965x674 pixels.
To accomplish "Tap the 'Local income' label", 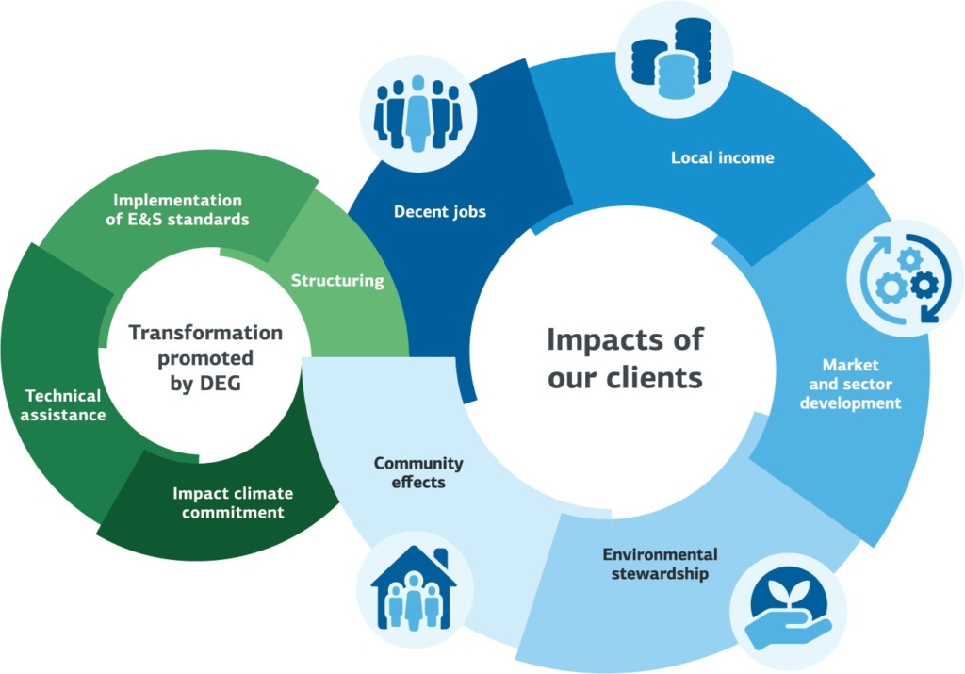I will click(722, 157).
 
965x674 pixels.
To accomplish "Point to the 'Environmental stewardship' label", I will click(660, 564).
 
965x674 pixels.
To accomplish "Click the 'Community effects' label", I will click(418, 472).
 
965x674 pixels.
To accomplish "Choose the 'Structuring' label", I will click(337, 280).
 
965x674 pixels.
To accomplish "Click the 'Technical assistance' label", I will click(65, 404).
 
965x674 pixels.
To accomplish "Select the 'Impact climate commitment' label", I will click(233, 503).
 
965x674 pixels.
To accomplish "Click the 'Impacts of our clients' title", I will click(625, 358).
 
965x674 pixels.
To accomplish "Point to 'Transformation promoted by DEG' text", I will click(205, 358).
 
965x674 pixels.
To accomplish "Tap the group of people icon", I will click(417, 115).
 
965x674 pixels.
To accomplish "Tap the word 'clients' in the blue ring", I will click(658, 377).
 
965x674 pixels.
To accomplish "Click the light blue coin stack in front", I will click(677, 75).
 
